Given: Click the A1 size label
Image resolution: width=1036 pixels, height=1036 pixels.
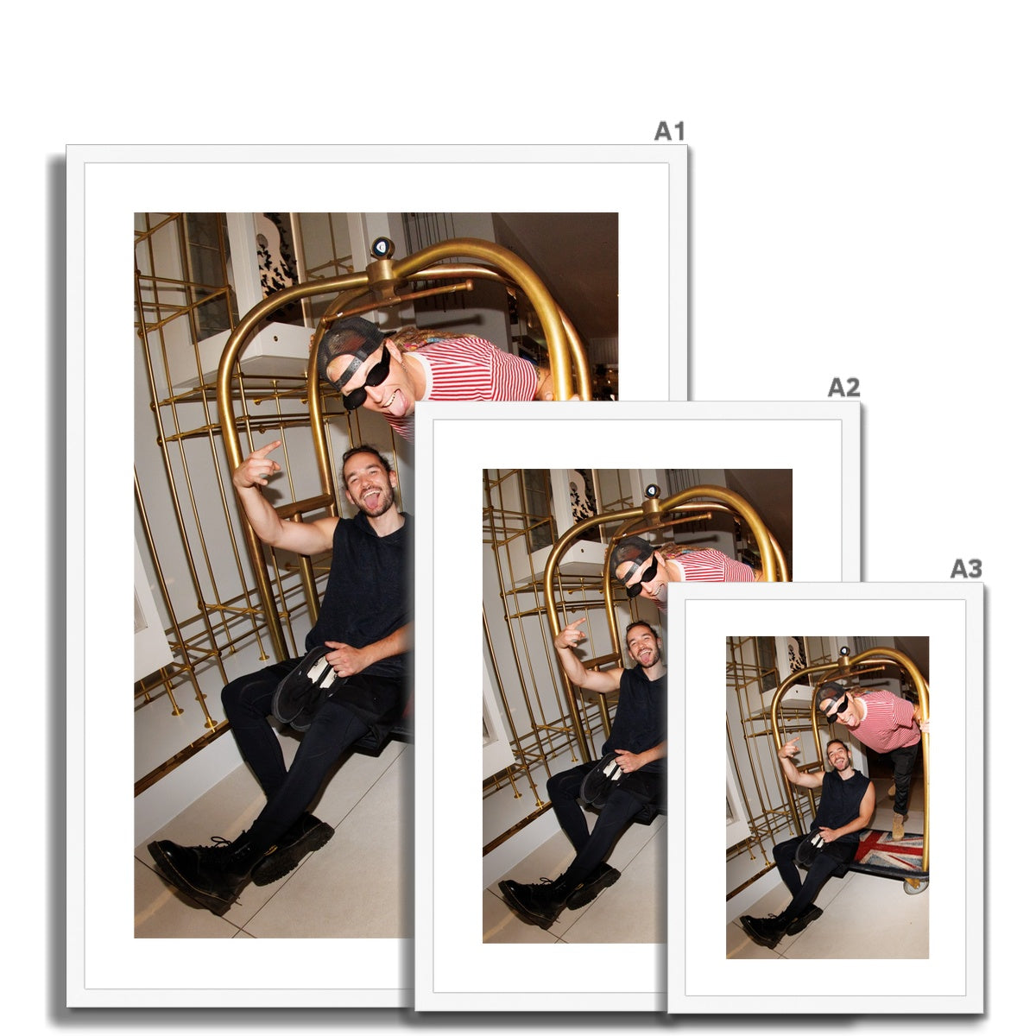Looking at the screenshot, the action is click(669, 131).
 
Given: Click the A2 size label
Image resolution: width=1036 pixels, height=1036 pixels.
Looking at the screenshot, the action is click(843, 387).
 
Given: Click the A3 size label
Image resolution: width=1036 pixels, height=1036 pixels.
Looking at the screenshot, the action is click(966, 568).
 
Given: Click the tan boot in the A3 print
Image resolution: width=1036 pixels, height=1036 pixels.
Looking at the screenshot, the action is click(898, 826).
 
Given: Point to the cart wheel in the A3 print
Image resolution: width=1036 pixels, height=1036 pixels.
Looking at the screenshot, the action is click(913, 886).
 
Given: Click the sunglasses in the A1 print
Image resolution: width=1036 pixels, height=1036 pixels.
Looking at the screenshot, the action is click(367, 378).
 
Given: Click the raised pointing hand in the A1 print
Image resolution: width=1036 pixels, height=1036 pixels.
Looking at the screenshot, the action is click(256, 465).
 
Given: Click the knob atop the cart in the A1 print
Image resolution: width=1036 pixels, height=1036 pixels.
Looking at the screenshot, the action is click(382, 247).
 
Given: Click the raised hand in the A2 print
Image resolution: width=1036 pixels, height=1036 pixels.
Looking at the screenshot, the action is click(570, 634).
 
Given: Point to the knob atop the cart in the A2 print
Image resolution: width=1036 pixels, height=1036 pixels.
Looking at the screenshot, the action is click(652, 490).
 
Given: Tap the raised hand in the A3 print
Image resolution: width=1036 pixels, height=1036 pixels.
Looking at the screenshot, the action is click(789, 747).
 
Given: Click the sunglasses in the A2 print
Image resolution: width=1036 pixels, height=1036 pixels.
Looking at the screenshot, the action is click(643, 576).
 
